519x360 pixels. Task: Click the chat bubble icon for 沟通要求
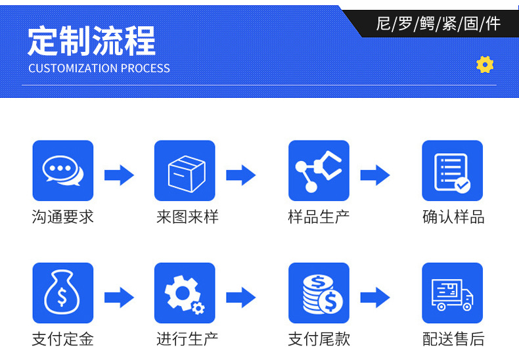click(x=63, y=171)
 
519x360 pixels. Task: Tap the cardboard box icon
click(x=185, y=171)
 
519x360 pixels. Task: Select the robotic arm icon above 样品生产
click(x=319, y=171)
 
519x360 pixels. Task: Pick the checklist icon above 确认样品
click(x=452, y=171)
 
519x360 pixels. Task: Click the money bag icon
click(x=63, y=293)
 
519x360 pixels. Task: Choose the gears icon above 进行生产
click(x=185, y=293)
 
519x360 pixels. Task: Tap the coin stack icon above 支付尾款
click(x=319, y=293)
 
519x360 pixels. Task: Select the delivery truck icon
click(x=452, y=293)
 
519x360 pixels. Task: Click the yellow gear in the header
click(x=485, y=64)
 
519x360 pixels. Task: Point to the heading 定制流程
click(x=91, y=41)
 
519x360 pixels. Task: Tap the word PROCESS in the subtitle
click(x=145, y=68)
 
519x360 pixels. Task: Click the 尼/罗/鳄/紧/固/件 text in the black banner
click(x=438, y=24)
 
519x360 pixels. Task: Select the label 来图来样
click(x=187, y=217)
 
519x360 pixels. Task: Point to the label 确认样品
click(x=453, y=217)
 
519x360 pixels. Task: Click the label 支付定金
click(x=63, y=339)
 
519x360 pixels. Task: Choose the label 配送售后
click(x=453, y=339)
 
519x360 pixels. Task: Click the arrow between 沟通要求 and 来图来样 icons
click(x=119, y=175)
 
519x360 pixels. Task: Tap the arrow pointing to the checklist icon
click(x=375, y=175)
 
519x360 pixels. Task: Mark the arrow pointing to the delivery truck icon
click(x=375, y=298)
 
